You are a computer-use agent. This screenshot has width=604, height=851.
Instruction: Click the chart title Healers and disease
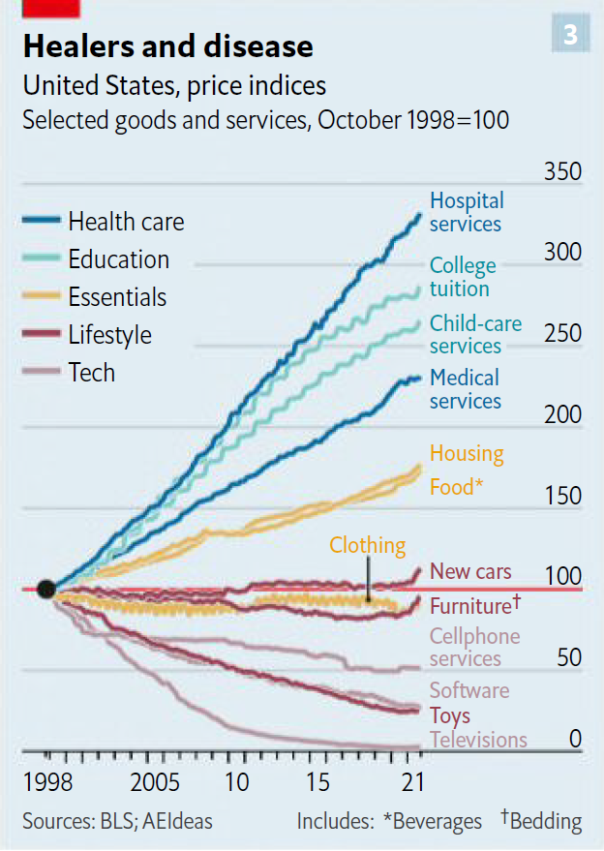[x=167, y=46]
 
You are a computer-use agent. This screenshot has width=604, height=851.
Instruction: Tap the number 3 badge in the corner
[x=570, y=35]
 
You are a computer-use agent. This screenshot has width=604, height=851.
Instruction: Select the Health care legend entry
[x=125, y=222]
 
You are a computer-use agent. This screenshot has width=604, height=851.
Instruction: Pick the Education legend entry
[x=118, y=259]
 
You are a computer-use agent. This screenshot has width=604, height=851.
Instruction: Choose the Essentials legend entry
[x=117, y=297]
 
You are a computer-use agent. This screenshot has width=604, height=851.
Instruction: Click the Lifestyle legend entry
[x=109, y=335]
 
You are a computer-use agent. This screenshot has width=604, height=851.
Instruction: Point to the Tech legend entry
[x=91, y=373]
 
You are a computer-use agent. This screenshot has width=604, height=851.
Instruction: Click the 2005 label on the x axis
[x=155, y=782]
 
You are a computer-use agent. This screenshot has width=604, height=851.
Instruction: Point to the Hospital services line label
[x=467, y=212]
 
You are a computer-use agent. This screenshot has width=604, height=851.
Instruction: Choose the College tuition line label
[x=463, y=277]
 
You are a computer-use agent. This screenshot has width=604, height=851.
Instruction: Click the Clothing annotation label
[x=367, y=545]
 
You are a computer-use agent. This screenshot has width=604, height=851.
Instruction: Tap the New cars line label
[x=470, y=571]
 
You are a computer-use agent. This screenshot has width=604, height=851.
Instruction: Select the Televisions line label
[x=478, y=740]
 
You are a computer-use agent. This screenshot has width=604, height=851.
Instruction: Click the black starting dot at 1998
[x=45, y=589]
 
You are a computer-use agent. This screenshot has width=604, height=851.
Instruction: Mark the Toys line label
[x=450, y=715]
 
